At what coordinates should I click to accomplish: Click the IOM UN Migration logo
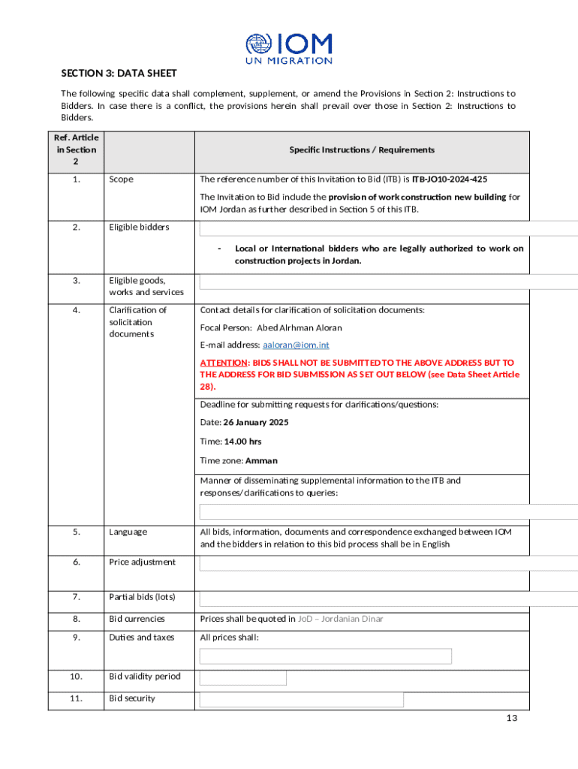[x=289, y=48]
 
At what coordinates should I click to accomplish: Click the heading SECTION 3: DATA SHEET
[x=119, y=73]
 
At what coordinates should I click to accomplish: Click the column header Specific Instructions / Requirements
[x=362, y=149]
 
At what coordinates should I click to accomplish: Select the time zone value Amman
[x=262, y=460]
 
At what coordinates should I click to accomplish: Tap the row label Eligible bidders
[x=139, y=227]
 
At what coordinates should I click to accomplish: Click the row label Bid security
[x=132, y=698]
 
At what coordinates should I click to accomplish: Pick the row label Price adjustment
[x=142, y=562]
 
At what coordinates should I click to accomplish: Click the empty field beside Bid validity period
[x=242, y=677]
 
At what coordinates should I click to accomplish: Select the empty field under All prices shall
[x=325, y=656]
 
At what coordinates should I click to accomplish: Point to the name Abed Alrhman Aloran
[x=300, y=327]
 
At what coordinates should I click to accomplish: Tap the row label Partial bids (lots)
[x=142, y=597]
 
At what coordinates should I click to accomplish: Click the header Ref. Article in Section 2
[x=75, y=149]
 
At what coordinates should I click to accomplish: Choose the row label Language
[x=128, y=532]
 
